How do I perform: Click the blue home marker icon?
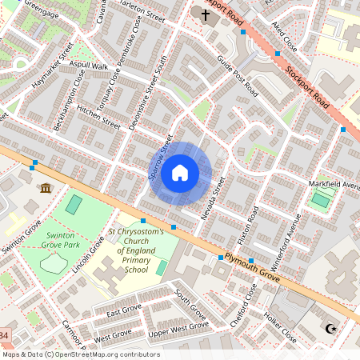(180, 172)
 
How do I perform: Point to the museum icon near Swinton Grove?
(45, 188)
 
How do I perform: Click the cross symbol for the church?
(205, 14)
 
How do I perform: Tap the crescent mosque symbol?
(330, 328)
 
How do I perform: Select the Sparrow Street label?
(161, 160)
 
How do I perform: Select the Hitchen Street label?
(99, 119)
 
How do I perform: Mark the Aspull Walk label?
(88, 65)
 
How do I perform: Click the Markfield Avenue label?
(334, 186)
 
